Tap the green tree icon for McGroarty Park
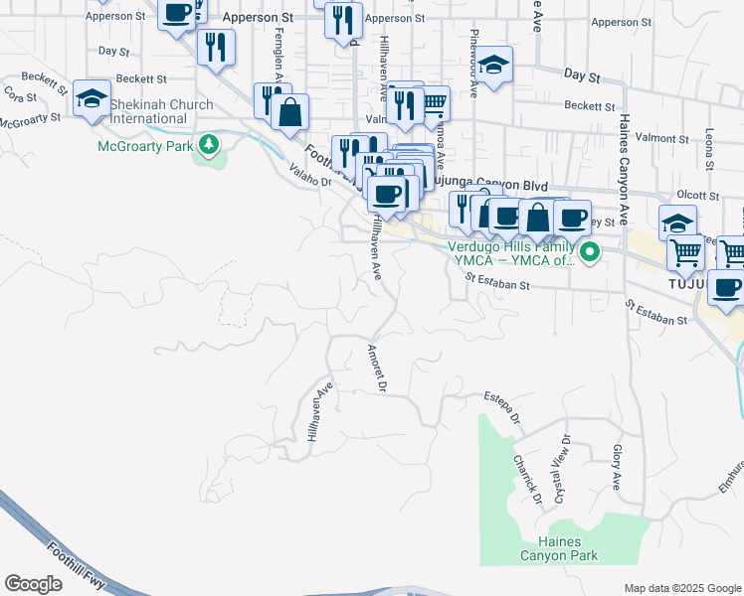[209, 146]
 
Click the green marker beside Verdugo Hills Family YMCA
[590, 252]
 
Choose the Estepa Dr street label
[502, 409]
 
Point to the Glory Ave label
[616, 467]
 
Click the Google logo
[33, 584]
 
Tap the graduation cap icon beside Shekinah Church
[93, 99]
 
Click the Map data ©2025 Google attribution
[682, 587]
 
